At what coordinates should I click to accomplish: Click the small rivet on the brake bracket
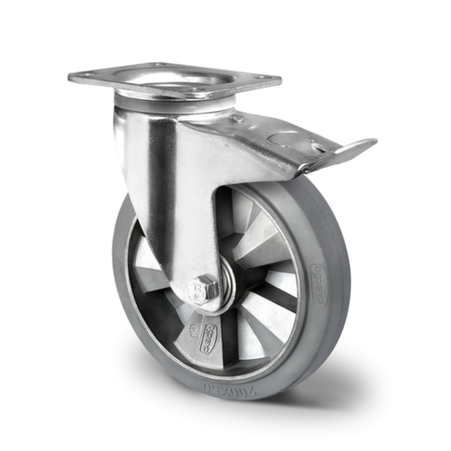click(x=237, y=119)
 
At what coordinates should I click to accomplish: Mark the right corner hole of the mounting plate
click(x=264, y=81)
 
